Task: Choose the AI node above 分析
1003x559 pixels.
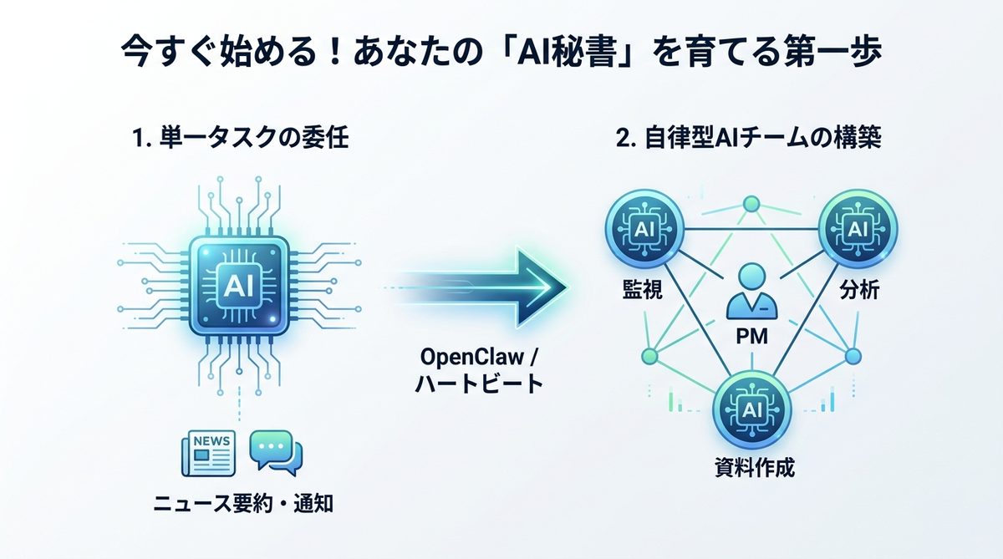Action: tap(857, 226)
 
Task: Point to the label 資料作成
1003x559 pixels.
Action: tap(751, 469)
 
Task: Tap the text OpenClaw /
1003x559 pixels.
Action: tap(480, 358)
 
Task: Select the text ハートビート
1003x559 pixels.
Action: tap(480, 385)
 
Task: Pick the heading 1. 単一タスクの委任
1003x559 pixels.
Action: tap(241, 139)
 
